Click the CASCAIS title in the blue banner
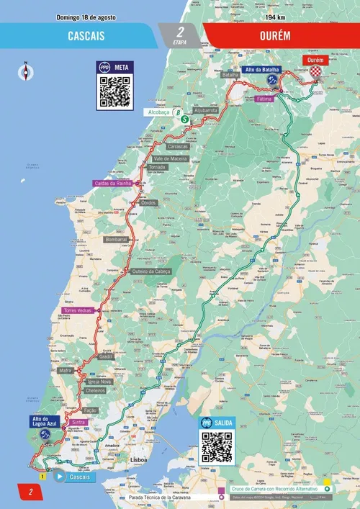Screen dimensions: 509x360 [x=84, y=35]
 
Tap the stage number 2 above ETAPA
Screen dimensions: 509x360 [x=180, y=32]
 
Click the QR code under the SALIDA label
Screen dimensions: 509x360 [x=217, y=447]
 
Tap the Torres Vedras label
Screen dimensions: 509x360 [x=78, y=310]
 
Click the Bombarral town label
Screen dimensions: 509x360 [x=116, y=238]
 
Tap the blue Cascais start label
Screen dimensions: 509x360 [x=79, y=477]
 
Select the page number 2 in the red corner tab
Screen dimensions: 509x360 [x=31, y=493]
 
